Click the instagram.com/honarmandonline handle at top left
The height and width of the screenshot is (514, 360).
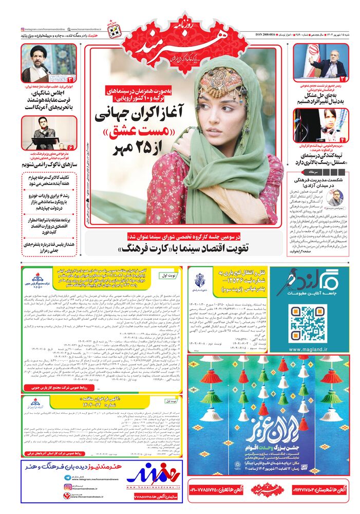click(49, 29)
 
